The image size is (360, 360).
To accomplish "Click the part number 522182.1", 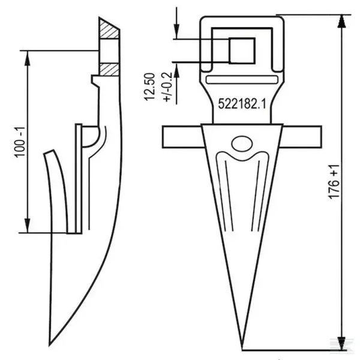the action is (242, 104).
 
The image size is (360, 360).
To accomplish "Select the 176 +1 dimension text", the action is (334, 181).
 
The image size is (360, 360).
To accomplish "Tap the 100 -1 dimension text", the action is (20, 142).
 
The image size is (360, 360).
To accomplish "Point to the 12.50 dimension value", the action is (149, 86).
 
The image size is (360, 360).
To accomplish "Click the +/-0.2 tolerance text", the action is (167, 87).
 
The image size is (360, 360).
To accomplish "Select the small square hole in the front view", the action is (242, 51).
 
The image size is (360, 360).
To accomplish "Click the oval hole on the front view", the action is (242, 144).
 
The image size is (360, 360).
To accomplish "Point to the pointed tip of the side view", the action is (50, 345).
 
